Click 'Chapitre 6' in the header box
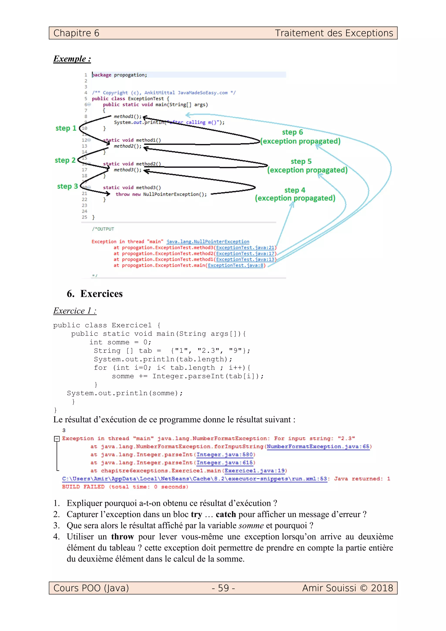tap(76, 33)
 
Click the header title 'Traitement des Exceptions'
tap(334, 33)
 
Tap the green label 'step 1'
tap(66, 128)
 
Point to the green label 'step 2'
tap(65, 160)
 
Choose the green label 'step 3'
tap(67, 186)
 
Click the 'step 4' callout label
tap(295, 190)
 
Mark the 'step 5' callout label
tap(301, 161)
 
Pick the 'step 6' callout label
tap(292, 132)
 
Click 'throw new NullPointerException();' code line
tap(161, 194)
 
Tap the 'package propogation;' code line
tap(119, 75)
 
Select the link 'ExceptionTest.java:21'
tap(245, 248)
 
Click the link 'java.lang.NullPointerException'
tap(208, 241)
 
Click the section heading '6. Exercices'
tap(95, 294)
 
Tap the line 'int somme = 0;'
tap(120, 342)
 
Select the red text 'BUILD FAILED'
tap(83, 487)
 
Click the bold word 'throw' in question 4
tap(122, 537)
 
